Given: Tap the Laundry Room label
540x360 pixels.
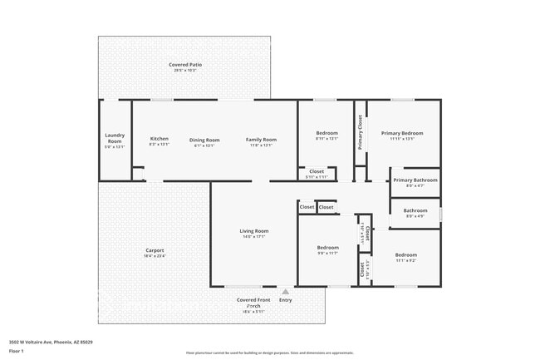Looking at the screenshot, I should [x=115, y=137].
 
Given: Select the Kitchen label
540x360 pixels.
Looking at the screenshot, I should [x=159, y=139].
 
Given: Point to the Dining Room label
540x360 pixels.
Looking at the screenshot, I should [x=204, y=139].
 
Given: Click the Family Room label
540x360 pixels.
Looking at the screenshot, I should [x=261, y=139].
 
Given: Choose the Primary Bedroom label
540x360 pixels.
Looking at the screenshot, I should [x=402, y=133].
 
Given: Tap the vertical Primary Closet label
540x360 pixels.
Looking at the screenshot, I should [x=361, y=132].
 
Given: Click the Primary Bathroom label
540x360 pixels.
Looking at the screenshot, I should [x=415, y=180].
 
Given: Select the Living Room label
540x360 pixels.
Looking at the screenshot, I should [x=254, y=230].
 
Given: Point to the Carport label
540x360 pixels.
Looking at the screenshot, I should [x=155, y=250].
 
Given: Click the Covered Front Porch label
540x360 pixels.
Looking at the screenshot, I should [x=253, y=302].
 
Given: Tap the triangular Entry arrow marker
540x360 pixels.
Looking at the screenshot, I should [x=285, y=292].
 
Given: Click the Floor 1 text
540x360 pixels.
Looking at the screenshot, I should [x=17, y=352].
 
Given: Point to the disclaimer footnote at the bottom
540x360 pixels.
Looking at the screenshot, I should [x=270, y=353].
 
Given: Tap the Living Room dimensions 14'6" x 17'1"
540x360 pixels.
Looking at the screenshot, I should [x=254, y=237].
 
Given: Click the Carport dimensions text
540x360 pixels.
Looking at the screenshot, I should [x=155, y=256].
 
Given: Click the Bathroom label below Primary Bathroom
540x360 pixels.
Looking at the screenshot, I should [x=415, y=210].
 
